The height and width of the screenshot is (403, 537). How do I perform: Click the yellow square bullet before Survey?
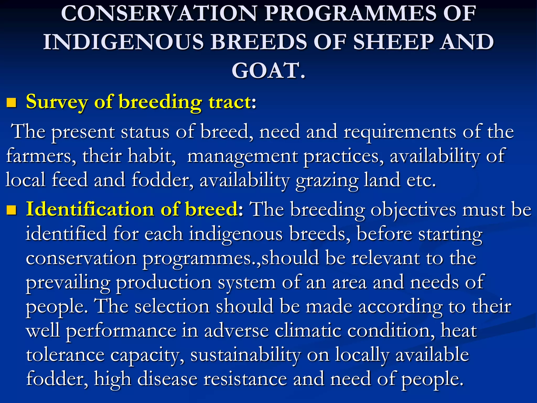(11, 103)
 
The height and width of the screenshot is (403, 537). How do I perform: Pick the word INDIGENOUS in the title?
(123, 42)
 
